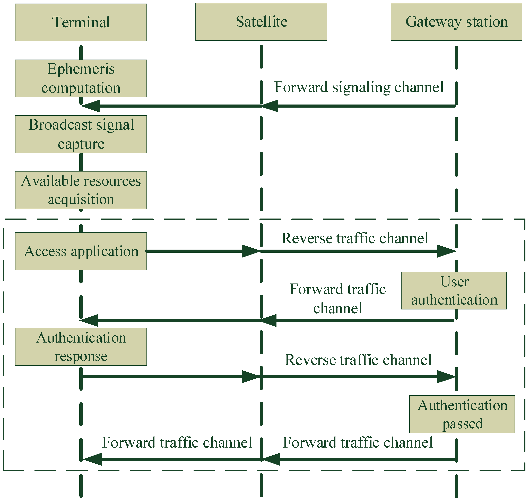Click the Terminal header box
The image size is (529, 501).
(81, 22)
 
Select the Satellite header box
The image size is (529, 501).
(261, 22)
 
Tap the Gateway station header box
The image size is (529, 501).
(456, 22)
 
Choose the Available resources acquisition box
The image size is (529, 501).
(81, 190)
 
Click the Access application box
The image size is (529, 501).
(81, 251)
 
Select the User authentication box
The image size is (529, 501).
(454, 291)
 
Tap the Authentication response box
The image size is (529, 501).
(81, 347)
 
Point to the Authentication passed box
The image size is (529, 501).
(462, 414)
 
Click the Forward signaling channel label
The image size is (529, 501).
(359, 87)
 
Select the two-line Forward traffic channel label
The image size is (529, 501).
(337, 299)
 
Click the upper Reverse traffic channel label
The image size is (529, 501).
(355, 238)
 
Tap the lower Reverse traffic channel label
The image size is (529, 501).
(358, 360)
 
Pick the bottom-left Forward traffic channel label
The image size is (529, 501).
(177, 442)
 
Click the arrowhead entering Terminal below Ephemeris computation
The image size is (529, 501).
(91, 106)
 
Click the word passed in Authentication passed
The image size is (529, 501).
(462, 424)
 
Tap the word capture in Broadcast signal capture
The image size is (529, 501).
(81, 144)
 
